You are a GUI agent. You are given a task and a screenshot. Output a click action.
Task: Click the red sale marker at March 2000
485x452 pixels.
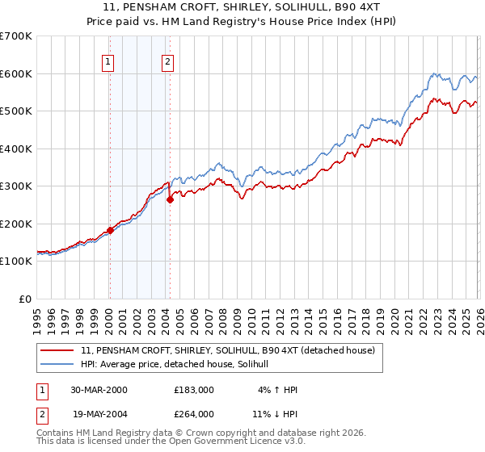pyautogui.click(x=110, y=230)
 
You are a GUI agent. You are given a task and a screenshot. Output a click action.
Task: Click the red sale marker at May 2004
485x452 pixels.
pyautogui.click(x=170, y=200)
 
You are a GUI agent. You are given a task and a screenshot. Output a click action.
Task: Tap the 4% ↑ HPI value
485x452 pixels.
pyautogui.click(x=277, y=390)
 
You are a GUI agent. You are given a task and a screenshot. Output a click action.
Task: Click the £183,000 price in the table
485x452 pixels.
pyautogui.click(x=194, y=390)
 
